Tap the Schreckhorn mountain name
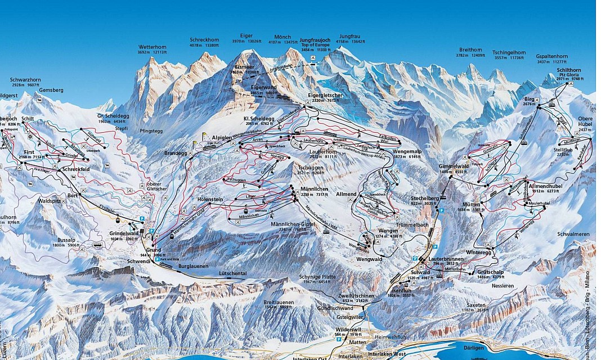click(204, 40)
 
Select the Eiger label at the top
click(246, 35)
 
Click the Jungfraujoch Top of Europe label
click(315, 40)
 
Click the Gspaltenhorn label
click(551, 56)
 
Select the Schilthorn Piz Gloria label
click(568, 71)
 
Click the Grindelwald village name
click(124, 233)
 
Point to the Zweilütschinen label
click(353, 295)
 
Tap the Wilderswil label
click(347, 329)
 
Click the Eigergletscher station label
click(325, 95)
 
